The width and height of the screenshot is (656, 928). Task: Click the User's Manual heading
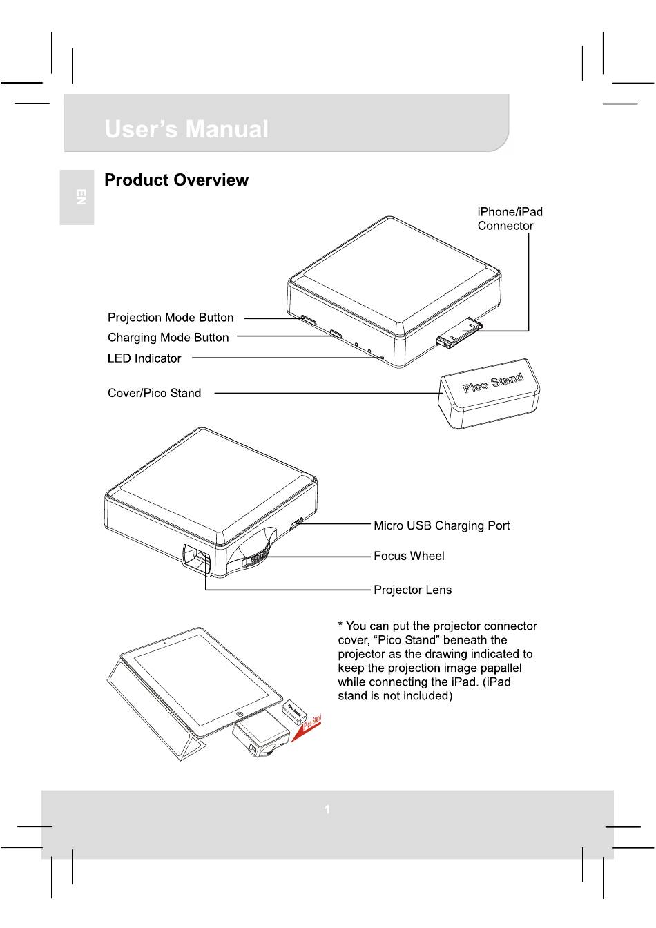coord(186,130)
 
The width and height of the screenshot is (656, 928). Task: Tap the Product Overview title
coord(176,180)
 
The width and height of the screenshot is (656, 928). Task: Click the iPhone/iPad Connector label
coord(510,219)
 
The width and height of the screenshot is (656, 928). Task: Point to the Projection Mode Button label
coord(171,318)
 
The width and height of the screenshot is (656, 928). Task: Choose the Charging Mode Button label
coord(168,338)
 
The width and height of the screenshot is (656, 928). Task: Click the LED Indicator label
coord(144,358)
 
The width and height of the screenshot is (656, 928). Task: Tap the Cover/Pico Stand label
coord(154,393)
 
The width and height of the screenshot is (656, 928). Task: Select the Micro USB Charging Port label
coord(441,525)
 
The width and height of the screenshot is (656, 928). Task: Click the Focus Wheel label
coord(409,556)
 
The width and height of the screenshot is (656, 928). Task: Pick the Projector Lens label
coord(412,590)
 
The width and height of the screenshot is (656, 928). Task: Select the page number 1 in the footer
coord(327,809)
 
